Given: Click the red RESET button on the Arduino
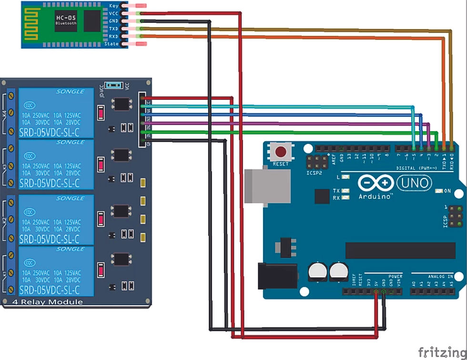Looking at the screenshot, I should click(281, 152).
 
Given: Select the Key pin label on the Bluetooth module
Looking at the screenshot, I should click(114, 6).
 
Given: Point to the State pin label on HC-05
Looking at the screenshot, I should click(111, 44).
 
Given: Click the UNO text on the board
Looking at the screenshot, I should click(414, 182).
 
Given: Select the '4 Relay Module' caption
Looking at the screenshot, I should click(47, 302).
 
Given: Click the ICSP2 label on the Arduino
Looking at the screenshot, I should click(315, 173).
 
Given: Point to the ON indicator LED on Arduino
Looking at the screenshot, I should click(439, 191).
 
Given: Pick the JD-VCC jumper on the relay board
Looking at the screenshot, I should click(113, 85).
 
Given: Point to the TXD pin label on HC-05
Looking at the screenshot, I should click(114, 29).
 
